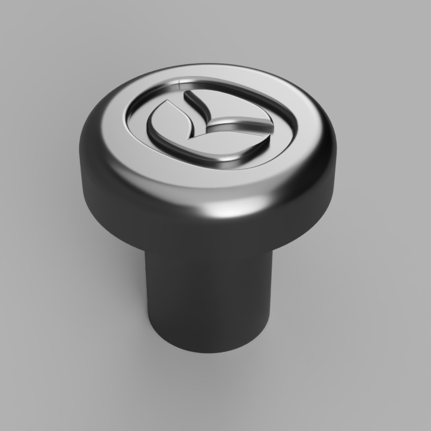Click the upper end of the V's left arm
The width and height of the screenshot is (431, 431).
[188, 94]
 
